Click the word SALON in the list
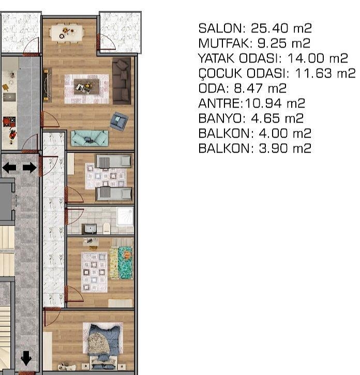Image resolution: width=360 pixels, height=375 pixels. tap(220, 28)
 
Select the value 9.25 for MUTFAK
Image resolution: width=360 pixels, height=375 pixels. tap(272, 43)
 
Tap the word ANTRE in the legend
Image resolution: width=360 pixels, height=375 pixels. tap(220, 103)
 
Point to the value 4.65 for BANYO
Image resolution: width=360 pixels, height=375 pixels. tap(265, 118)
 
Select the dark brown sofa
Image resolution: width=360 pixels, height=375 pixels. tap(122, 81)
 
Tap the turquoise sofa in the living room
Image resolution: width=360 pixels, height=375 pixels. tap(89, 138)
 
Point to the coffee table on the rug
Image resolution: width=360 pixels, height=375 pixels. tap(86, 86)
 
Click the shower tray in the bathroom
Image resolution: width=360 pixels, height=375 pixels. tap(125, 216)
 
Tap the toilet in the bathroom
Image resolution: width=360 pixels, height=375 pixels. tap(106, 228)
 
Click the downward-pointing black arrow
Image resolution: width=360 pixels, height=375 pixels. tap(26, 358)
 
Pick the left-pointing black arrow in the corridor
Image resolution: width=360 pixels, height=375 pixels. tap(9, 168)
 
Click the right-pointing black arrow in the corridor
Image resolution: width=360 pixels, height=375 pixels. tap(29, 168)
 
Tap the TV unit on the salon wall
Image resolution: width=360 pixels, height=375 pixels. tap(47, 85)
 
